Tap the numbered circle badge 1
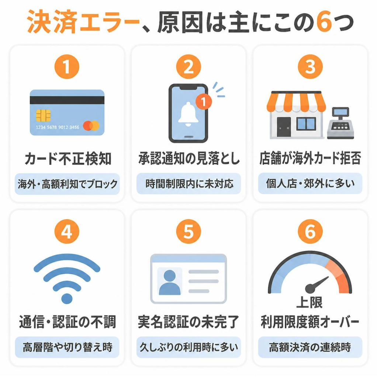(67, 67)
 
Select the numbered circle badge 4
(67, 231)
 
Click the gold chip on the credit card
(43, 116)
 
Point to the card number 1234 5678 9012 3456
(57, 127)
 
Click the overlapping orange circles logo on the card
(91, 126)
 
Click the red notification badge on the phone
(204, 102)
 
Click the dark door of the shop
(284, 127)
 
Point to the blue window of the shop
(306, 124)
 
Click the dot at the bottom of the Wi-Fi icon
(67, 298)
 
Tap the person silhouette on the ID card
(170, 282)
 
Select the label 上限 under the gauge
(309, 302)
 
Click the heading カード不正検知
(68, 159)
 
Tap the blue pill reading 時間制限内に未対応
(188, 184)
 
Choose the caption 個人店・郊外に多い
(310, 183)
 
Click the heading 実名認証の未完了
(188, 322)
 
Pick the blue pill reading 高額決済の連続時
(310, 347)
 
